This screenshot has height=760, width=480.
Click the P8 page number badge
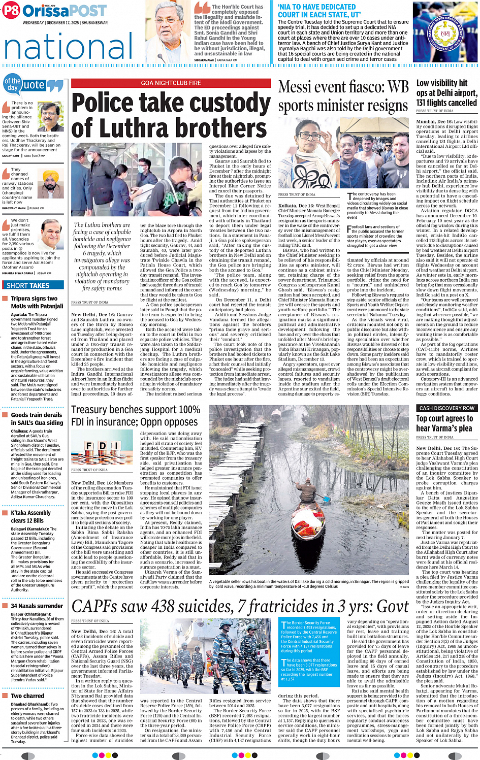tap(11, 10)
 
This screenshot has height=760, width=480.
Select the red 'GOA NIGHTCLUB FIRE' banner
tap(171, 83)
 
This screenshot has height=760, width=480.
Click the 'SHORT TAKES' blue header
tap(28, 285)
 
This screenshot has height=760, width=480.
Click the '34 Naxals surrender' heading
tap(37, 606)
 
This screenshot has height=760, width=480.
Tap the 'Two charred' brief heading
tap(27, 696)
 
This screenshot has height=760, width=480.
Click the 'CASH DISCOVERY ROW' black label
tap(447, 408)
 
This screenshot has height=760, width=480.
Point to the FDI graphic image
tap(103, 446)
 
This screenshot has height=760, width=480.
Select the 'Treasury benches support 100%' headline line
tap(136, 409)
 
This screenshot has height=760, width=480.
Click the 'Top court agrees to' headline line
tap(444, 419)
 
